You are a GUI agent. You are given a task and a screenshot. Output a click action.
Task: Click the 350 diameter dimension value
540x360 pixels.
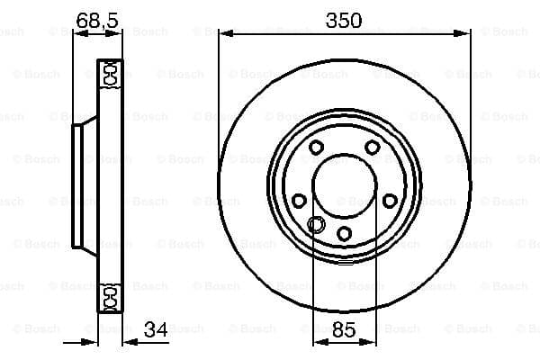point(344,21)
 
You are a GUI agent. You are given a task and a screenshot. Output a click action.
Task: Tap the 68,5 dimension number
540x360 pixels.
point(97,21)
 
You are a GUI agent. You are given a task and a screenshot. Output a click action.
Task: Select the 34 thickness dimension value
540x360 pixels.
point(156,329)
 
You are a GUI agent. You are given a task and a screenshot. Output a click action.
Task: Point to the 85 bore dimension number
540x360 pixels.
point(344,329)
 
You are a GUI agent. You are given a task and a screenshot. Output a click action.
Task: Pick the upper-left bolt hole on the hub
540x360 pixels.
point(316,148)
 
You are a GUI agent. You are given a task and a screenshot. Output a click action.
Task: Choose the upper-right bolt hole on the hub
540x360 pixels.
point(373,148)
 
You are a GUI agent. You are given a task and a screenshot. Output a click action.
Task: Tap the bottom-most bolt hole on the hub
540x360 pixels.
point(344,234)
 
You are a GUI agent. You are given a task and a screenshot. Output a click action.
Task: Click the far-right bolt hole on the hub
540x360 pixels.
point(390,201)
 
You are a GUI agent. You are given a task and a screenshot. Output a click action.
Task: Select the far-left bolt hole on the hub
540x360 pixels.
point(299,201)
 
